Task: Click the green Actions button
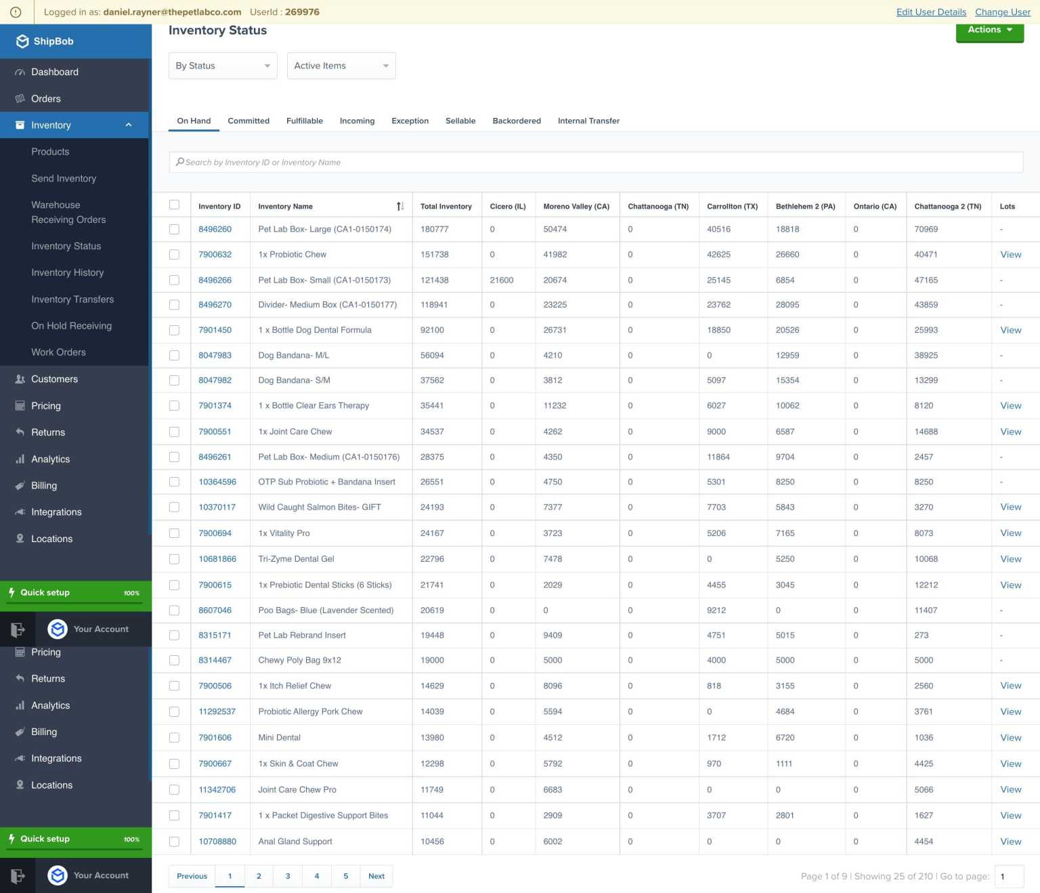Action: tap(989, 31)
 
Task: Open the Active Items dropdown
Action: tap(341, 66)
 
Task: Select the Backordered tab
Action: tap(517, 121)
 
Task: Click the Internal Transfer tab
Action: tap(588, 121)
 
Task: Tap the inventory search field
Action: tap(596, 163)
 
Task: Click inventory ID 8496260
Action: tap(215, 229)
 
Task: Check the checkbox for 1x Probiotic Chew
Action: tap(174, 255)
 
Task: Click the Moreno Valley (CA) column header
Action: tap(576, 207)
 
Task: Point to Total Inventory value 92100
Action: tap(432, 330)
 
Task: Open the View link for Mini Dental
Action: tap(1010, 738)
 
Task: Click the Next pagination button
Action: tap(376, 876)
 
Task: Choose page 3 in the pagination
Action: tap(288, 876)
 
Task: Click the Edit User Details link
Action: tap(931, 12)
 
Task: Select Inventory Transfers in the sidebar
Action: tap(72, 299)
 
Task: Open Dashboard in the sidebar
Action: tap(55, 72)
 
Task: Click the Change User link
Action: tap(1002, 12)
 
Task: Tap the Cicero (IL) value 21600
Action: tap(502, 280)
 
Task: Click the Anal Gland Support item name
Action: tap(295, 842)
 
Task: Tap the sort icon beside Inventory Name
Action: tap(400, 207)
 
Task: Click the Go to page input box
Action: tap(1009, 876)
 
